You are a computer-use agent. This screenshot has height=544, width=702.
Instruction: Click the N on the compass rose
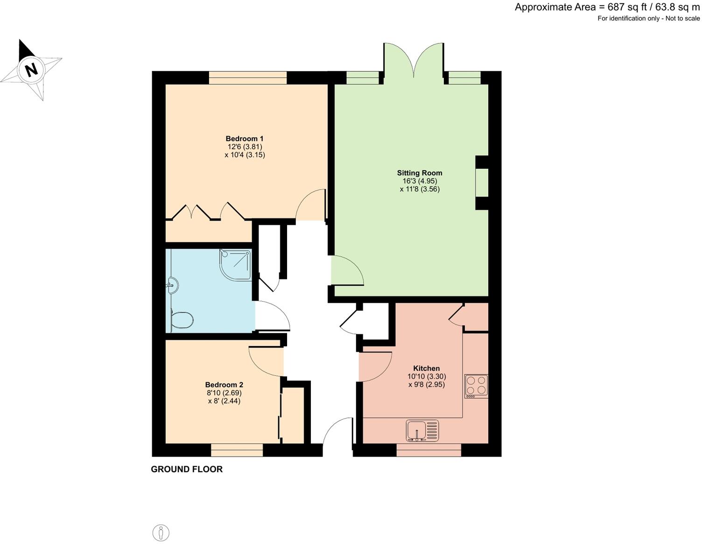[31, 70]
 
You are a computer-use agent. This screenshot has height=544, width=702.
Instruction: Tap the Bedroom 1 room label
[245, 138]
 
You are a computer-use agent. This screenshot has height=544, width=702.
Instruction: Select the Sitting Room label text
[420, 173]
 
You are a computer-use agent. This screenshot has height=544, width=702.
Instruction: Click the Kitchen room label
[426, 368]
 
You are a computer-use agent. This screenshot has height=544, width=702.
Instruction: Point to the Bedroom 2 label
[224, 385]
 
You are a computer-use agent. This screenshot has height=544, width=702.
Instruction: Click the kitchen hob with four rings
[476, 386]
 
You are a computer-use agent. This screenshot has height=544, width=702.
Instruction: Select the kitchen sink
[422, 430]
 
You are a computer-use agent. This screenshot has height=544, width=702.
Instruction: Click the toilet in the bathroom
[182, 321]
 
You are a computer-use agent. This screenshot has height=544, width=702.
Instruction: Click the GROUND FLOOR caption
[187, 469]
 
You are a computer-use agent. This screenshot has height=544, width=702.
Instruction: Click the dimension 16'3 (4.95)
[420, 181]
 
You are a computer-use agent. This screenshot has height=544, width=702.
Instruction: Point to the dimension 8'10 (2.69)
[224, 393]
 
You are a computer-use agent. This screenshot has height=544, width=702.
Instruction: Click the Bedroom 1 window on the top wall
[247, 78]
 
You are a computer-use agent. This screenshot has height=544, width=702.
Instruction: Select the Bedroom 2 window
[237, 450]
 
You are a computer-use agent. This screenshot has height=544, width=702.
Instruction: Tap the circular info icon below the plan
[161, 532]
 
